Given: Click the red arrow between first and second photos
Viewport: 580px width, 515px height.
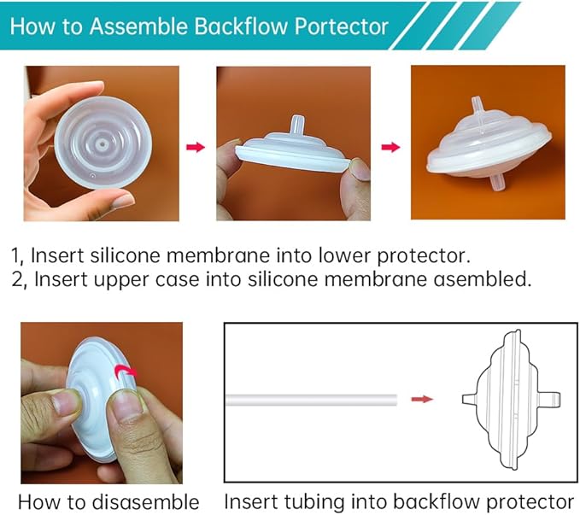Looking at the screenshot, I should (196, 148).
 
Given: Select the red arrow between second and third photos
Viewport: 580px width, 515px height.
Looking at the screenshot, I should (390, 148).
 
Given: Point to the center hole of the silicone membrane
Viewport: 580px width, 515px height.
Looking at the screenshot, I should (102, 147).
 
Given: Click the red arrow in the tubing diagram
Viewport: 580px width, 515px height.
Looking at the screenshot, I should (421, 399).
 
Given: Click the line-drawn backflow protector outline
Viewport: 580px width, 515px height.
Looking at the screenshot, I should (504, 399).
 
